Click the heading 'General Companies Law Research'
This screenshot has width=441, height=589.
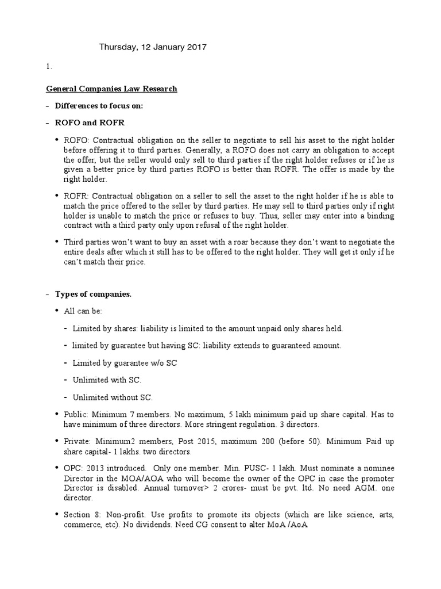pos(111,89)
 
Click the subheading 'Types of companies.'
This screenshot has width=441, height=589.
pos(93,294)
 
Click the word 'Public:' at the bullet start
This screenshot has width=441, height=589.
pos(76,415)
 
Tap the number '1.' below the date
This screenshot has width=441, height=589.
pos(48,66)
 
